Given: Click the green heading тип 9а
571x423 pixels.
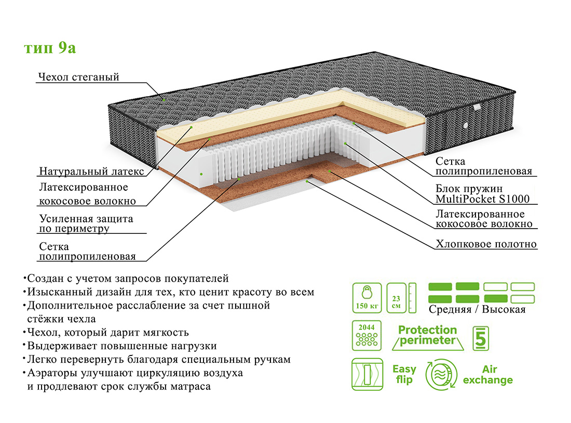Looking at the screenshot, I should pos(50,48).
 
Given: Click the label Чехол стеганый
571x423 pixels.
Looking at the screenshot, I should pos(78,77).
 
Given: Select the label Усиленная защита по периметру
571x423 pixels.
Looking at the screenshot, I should pos(86,223).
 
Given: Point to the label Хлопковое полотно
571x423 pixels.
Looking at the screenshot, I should pos(486,244).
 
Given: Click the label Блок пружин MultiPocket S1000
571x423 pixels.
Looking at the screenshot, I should pos(482,193).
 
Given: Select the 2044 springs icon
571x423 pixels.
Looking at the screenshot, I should pos(366,336).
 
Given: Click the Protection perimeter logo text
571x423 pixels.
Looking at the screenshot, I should pos(428,336).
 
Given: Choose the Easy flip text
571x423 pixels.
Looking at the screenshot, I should pos(404,374).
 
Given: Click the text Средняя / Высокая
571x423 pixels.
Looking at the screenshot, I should pos(477,310).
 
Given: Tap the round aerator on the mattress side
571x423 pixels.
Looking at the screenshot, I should pos(465,125).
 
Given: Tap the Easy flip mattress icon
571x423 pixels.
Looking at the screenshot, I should pos(366,374).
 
